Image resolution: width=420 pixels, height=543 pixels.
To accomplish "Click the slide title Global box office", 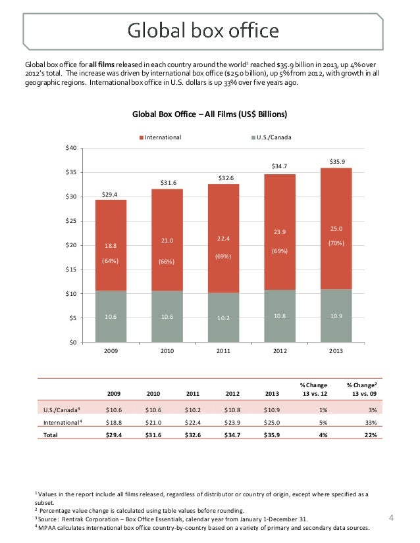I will [x=203, y=31].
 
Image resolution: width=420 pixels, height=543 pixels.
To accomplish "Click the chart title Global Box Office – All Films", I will [x=210, y=114].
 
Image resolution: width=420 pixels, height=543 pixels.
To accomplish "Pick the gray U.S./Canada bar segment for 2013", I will [x=336, y=316].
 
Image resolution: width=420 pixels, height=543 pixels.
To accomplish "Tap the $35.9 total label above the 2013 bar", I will [x=336, y=160].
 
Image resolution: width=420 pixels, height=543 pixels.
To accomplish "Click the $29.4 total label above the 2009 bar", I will [x=111, y=194].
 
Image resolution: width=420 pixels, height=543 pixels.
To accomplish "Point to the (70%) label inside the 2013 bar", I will [x=336, y=243].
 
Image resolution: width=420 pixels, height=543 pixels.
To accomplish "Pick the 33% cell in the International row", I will [x=370, y=422].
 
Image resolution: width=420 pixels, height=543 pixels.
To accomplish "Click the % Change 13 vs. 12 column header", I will [x=313, y=389].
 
